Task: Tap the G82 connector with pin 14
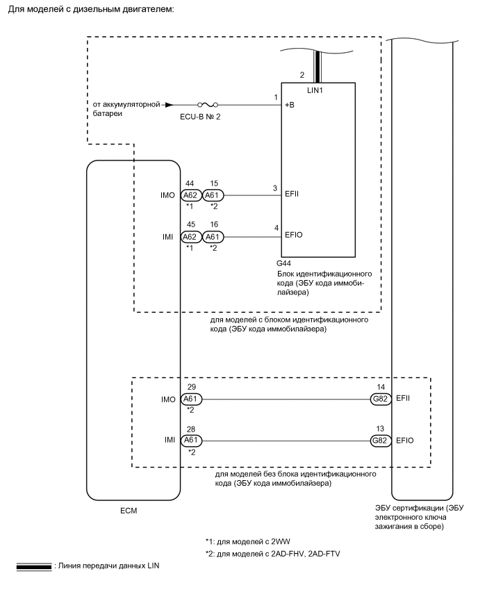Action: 381,399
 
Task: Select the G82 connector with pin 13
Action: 381,440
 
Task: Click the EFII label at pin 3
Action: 292,195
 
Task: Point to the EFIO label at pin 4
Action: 293,236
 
